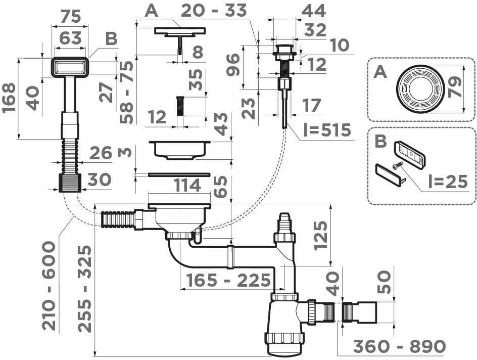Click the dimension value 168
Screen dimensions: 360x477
(x=11, y=98)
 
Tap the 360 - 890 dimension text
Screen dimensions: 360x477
(x=399, y=347)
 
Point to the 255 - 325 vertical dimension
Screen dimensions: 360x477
(x=85, y=289)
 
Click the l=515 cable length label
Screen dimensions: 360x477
(x=327, y=130)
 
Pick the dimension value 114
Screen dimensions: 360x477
(x=187, y=186)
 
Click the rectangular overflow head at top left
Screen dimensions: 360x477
(x=70, y=67)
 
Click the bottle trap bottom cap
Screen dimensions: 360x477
(x=283, y=344)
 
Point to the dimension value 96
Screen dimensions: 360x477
(x=233, y=64)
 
